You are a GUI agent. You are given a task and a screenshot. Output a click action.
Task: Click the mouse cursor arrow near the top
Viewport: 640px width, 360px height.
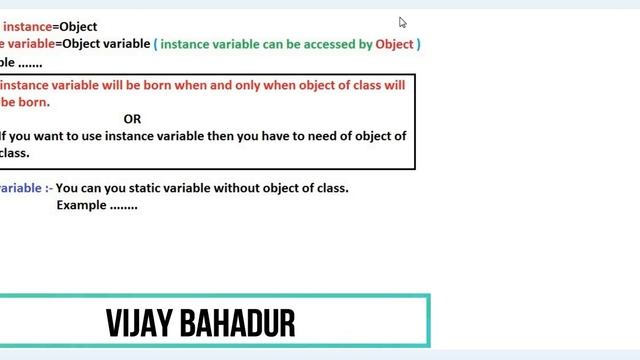403,23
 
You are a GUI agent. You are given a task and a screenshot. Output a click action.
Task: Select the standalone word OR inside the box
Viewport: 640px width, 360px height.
132,119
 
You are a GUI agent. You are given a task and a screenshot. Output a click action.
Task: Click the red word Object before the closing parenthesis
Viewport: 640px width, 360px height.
394,44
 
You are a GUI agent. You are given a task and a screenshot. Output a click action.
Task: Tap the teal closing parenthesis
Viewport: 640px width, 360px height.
419,44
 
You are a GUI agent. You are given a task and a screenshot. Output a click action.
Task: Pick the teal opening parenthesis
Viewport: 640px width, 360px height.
155,44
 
